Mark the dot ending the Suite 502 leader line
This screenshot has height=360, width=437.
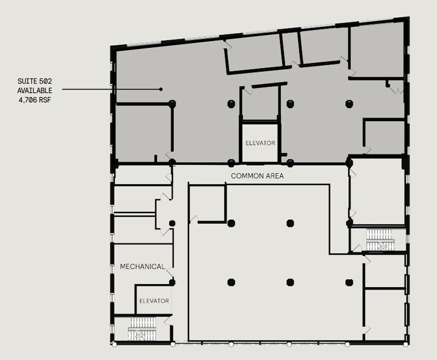pos(161,89)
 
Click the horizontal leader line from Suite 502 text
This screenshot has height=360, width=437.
pos(110,89)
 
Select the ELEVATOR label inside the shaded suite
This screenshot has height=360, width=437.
pos(260,143)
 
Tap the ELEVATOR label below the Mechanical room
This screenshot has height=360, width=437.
pos(154,301)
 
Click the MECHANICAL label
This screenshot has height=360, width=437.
pos(142,266)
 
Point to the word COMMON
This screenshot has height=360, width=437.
pos(246,176)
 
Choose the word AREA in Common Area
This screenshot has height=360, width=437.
pos(274,176)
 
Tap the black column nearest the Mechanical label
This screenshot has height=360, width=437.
pos(173,282)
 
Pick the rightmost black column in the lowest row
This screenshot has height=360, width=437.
pos(349,282)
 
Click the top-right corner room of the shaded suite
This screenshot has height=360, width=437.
pos(378,51)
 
